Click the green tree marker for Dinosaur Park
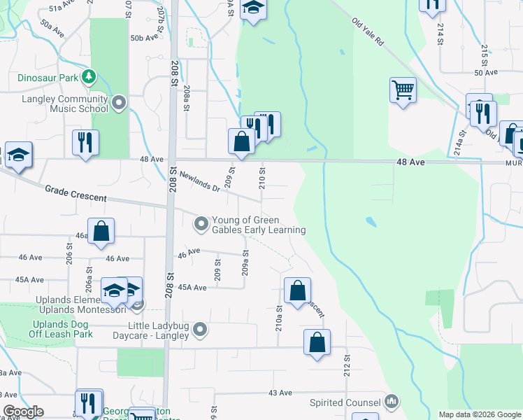point(88,75)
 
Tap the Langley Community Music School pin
point(119,104)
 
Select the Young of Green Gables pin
point(201,223)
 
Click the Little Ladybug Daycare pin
point(201,329)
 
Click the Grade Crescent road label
point(76,193)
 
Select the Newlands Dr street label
point(200,182)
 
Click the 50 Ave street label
point(485,72)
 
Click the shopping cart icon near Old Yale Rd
point(403,90)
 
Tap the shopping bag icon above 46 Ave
point(101,231)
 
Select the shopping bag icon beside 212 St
point(317,342)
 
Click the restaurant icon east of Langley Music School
point(85,142)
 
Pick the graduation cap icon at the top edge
point(253,8)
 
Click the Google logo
point(23,412)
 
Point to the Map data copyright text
point(480,414)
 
